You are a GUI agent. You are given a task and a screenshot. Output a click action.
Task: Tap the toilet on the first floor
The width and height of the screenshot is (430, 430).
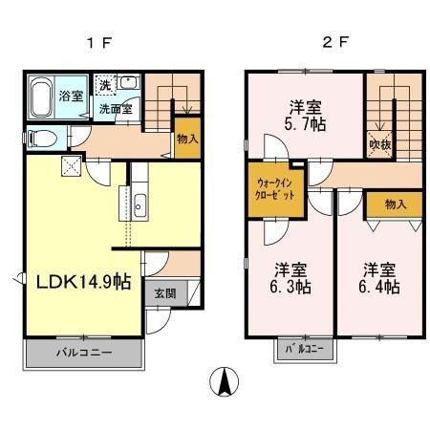pos(38,137)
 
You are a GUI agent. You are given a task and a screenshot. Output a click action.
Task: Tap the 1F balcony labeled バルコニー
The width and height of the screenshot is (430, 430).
pos(83,354)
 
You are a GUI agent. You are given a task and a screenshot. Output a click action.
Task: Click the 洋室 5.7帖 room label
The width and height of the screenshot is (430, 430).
pos(304,115)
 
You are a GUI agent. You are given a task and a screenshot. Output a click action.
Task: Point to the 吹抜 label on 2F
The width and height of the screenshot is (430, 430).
pos(378,144)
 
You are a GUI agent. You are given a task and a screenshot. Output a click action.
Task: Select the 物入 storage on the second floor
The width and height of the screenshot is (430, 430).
pos(396,204)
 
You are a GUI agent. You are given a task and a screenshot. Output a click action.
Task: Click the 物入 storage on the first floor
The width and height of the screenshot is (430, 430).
pos(186,136)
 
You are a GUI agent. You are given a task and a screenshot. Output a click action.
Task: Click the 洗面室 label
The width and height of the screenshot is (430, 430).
pos(118,109)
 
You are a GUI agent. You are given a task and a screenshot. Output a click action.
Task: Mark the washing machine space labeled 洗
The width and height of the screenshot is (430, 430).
pos(106,83)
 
